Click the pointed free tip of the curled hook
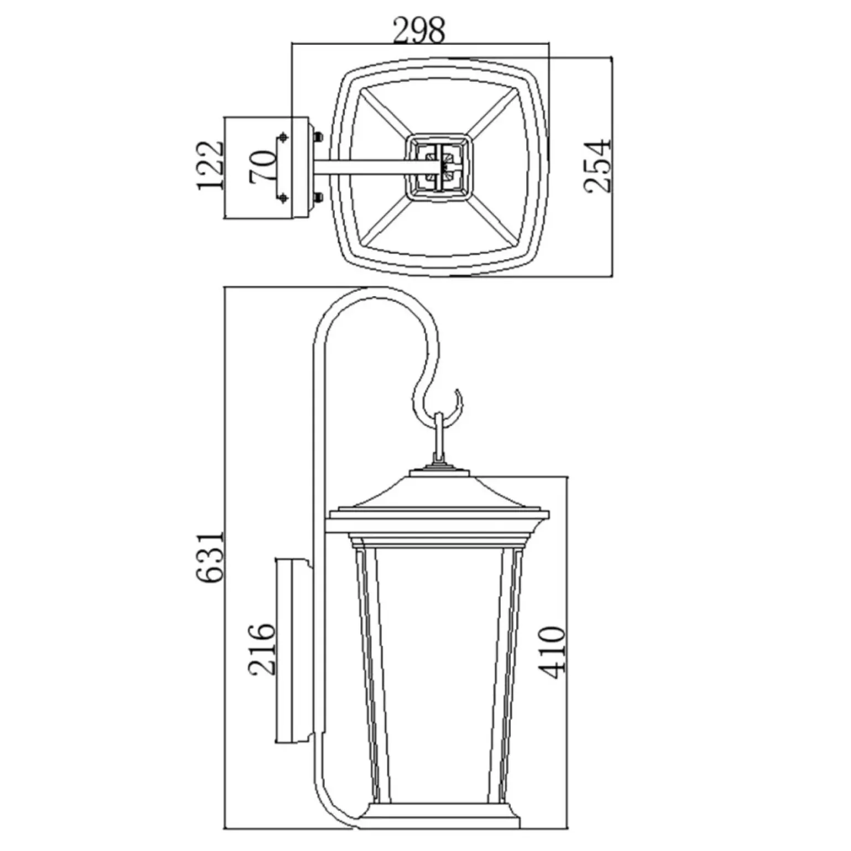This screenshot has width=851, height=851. coord(457,390)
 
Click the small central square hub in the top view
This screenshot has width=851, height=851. coord(440,165)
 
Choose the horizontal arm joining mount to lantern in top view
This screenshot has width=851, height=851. coord(362,167)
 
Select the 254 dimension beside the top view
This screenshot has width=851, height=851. coord(599,166)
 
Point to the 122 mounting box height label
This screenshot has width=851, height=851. coord(211,165)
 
